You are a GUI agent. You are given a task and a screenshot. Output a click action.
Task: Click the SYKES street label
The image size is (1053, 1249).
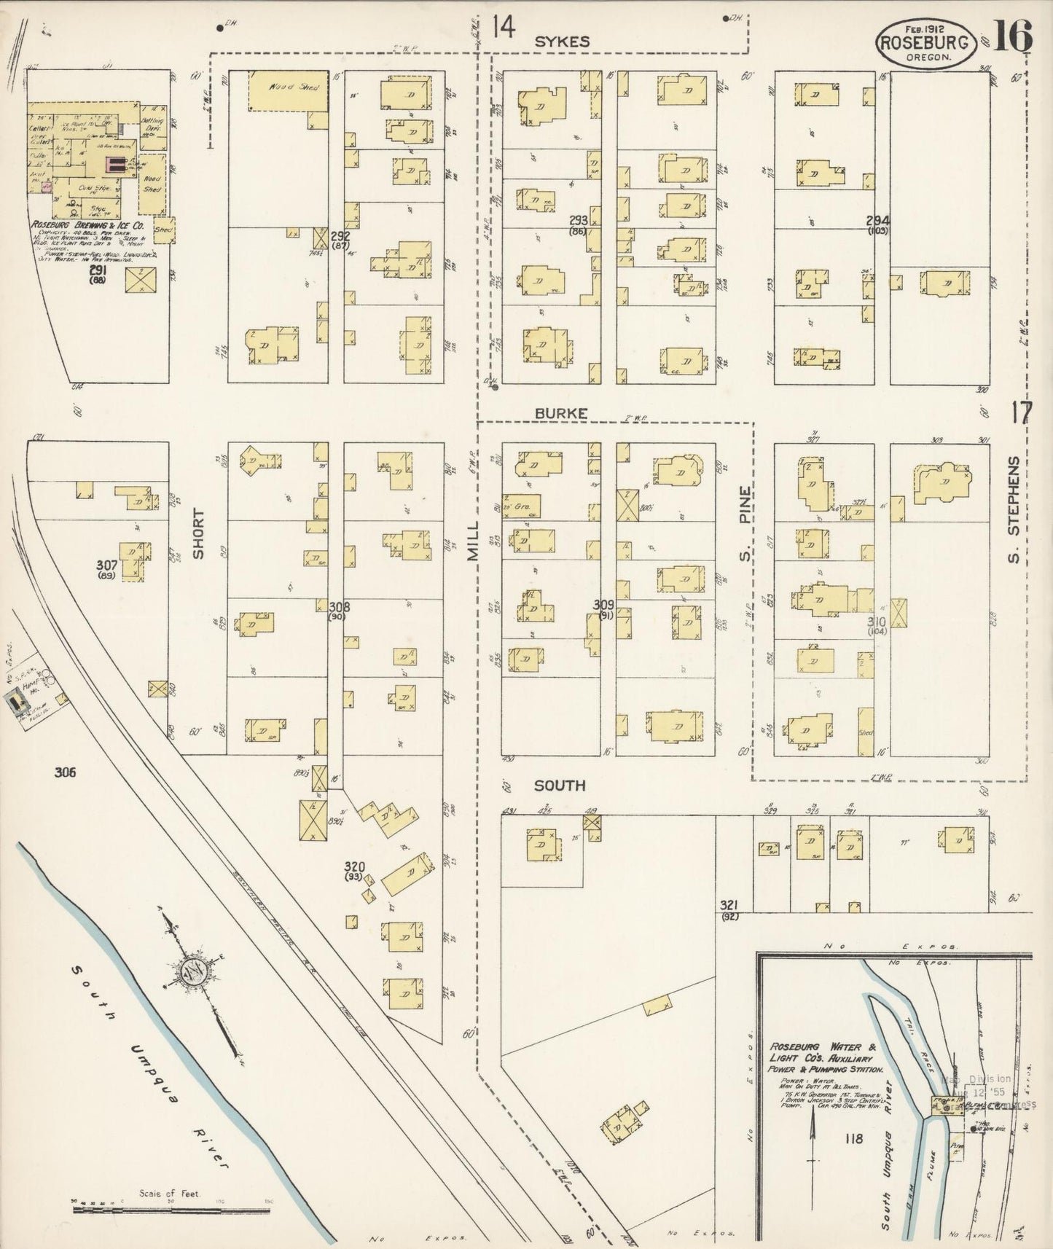tap(562, 42)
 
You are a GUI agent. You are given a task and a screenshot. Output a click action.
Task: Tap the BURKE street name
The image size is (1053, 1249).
tap(560, 413)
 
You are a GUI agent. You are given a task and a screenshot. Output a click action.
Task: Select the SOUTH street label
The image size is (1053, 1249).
tap(560, 786)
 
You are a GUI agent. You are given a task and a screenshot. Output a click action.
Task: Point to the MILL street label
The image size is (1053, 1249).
tap(474, 540)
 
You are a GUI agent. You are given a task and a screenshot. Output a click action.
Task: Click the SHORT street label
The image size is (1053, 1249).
tap(198, 533)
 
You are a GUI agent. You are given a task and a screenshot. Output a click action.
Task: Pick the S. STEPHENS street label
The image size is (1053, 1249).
tap(1013, 510)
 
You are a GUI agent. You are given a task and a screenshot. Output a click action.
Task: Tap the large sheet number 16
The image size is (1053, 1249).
tap(1012, 36)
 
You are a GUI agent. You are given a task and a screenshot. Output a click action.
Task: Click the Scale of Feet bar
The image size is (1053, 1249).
tap(171, 1210)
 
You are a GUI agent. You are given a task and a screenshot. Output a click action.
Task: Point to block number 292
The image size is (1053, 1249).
tap(340, 236)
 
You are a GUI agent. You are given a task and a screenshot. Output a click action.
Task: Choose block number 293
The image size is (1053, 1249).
tap(579, 221)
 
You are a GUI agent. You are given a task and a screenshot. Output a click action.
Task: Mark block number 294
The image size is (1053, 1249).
tap(877, 220)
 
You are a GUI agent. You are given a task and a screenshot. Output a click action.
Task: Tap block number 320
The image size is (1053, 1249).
tap(355, 866)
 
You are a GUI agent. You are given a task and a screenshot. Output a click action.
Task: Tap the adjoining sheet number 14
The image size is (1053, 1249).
tap(503, 28)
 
